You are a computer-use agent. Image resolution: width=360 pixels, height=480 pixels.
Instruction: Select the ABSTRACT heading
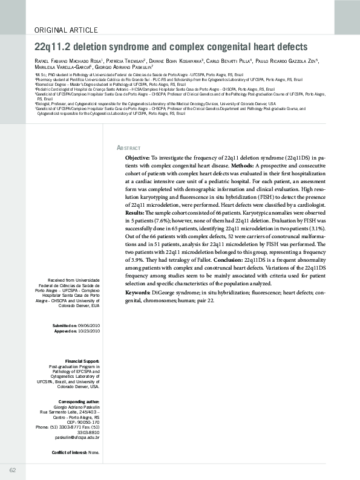pos(128,148)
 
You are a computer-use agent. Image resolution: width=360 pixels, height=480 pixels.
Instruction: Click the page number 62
pos(12,470)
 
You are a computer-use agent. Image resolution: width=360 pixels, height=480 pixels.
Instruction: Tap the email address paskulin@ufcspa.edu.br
pos(77,437)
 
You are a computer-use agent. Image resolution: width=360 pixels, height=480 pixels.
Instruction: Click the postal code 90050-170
pos(86,422)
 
